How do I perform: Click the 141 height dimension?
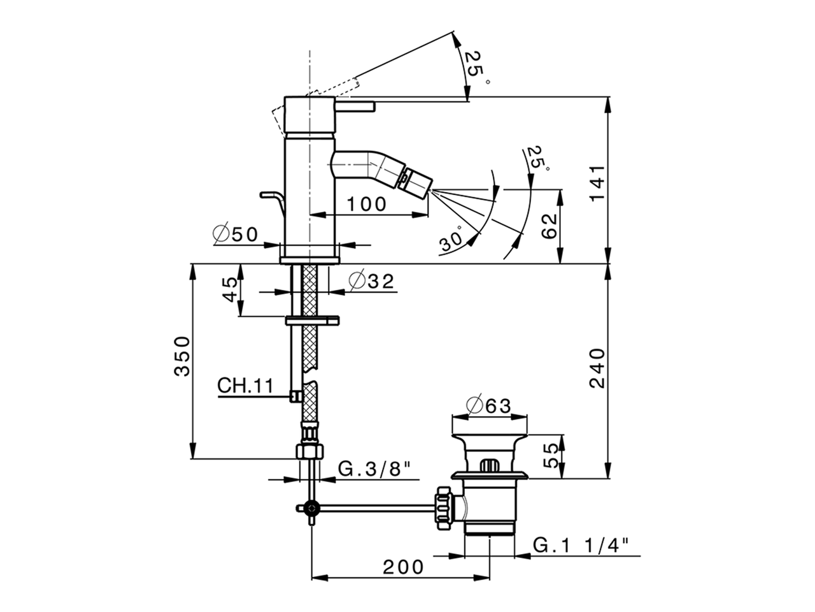click(596, 184)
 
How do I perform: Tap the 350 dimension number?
click(182, 355)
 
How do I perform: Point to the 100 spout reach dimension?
click(366, 204)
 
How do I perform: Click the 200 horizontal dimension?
click(403, 566)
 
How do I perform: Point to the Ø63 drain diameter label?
click(489, 405)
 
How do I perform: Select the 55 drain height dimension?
click(551, 455)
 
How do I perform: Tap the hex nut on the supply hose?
click(310, 451)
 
